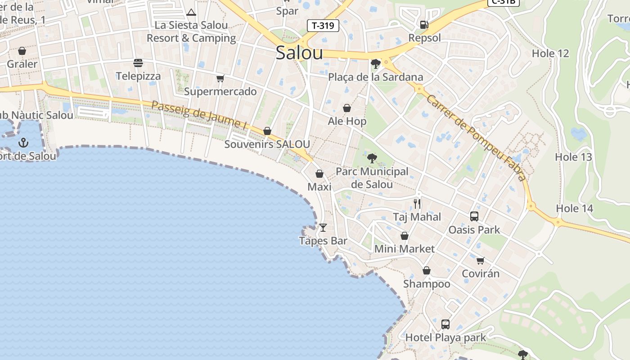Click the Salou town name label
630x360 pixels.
click(299, 53)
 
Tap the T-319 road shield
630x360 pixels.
click(323, 26)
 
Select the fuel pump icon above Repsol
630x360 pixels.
click(424, 25)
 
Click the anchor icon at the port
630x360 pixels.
click(23, 143)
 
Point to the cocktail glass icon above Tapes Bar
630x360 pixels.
click(323, 228)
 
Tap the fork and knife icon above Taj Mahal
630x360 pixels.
click(417, 204)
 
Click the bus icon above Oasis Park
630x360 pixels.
click(474, 216)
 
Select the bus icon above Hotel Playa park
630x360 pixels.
click(445, 324)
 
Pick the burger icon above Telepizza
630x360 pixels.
click(138, 63)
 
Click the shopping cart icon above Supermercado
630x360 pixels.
click(220, 79)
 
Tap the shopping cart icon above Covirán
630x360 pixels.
click(480, 261)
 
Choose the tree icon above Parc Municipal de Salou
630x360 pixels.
click(372, 158)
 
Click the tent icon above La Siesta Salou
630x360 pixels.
click(191, 12)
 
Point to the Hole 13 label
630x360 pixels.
click(573, 157)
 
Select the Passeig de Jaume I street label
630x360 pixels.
click(199, 115)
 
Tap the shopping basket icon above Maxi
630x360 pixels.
click(319, 174)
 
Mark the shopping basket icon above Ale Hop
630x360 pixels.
click(347, 108)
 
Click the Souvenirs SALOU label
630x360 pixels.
click(267, 144)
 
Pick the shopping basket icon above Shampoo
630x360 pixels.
click(426, 271)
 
